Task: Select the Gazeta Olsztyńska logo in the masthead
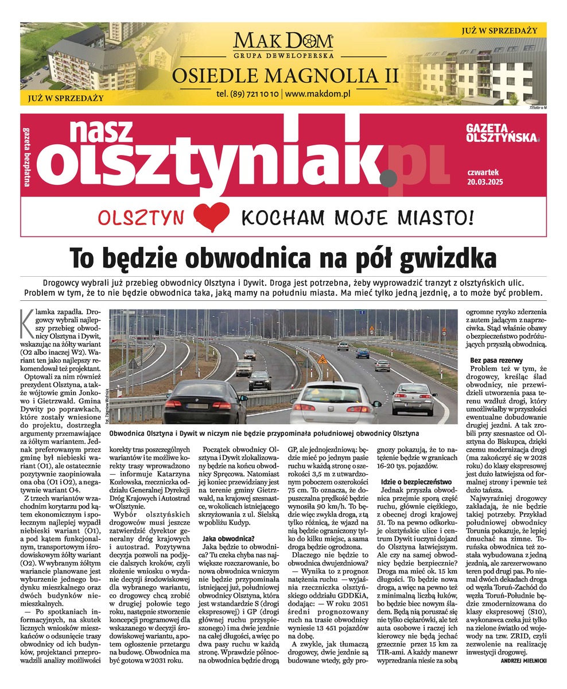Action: [503, 133]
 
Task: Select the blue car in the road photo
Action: [362, 353]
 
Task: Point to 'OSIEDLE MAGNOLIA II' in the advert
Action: [283, 75]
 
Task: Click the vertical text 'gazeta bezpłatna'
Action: [26, 155]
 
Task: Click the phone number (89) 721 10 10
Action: [248, 93]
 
